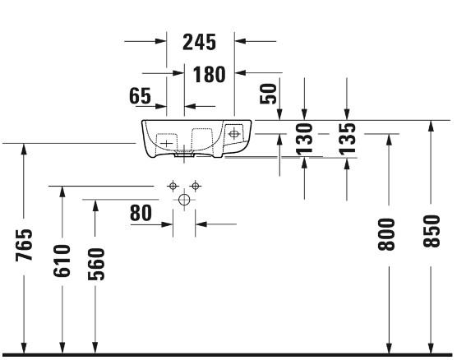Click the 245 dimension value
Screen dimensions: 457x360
click(x=200, y=42)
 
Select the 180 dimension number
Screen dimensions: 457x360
click(x=210, y=74)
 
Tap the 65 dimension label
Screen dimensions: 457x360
click(x=140, y=95)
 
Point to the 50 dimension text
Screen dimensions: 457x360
click(x=268, y=94)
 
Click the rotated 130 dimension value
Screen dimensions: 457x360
click(x=304, y=138)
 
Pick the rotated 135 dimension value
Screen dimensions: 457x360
click(x=347, y=138)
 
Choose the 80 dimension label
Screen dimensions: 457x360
click(x=141, y=213)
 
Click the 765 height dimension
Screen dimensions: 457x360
click(x=24, y=245)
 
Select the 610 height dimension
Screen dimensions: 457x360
click(x=62, y=261)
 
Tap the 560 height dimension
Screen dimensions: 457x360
click(x=96, y=264)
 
